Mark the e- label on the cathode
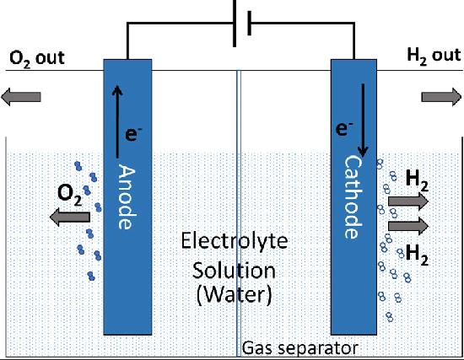pyautogui.click(x=343, y=129)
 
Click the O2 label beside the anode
pyautogui.click(x=70, y=193)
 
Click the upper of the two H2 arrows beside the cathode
pyautogui.click(x=408, y=201)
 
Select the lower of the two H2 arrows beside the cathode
pyautogui.click(x=408, y=225)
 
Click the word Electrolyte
pyautogui.click(x=235, y=242)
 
